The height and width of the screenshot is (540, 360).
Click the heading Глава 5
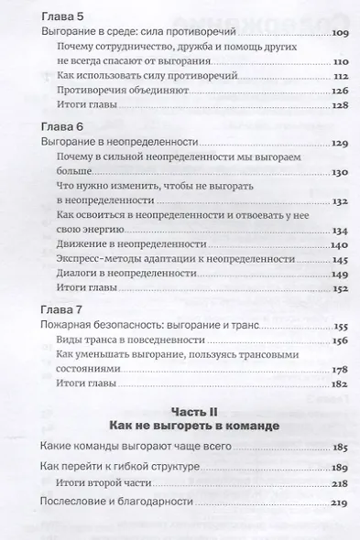pos(61,15)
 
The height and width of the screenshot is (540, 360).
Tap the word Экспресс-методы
pos(101,261)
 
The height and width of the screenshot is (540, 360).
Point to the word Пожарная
pos(70,325)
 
